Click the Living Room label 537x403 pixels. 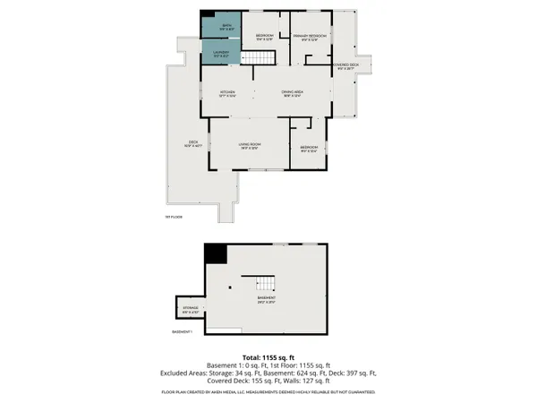[249, 147]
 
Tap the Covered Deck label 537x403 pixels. [345, 66]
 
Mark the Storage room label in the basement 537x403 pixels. [191, 311]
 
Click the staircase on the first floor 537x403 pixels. [259, 56]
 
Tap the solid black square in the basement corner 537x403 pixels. [216, 253]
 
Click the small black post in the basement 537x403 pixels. [230, 287]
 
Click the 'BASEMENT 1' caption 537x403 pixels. [183, 333]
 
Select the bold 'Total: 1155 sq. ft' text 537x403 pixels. [268, 357]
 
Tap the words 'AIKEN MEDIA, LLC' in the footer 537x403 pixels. [234, 392]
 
